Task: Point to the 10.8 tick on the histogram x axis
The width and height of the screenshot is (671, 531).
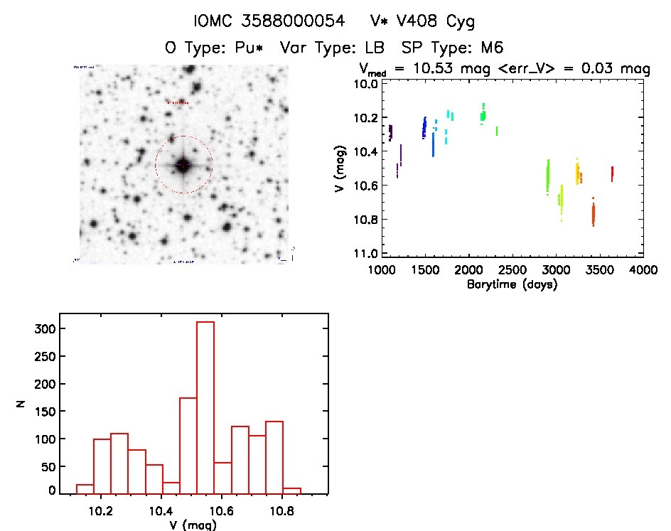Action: tap(282, 511)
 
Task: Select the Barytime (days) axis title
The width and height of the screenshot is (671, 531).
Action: tap(512, 284)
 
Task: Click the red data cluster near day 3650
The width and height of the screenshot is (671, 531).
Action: tap(612, 173)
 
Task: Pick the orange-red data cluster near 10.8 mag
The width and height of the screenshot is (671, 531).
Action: tap(593, 213)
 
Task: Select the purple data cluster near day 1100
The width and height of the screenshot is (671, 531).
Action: tap(390, 132)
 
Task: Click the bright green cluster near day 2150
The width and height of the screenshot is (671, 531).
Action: tap(483, 114)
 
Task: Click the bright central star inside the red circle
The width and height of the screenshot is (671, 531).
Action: tap(183, 165)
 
